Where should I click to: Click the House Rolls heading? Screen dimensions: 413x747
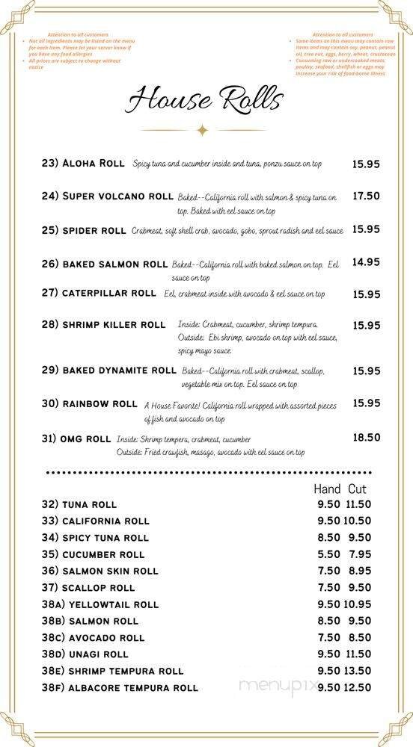(204, 99)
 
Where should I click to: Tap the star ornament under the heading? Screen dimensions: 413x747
(201, 130)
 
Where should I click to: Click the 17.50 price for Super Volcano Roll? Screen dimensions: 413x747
(366, 196)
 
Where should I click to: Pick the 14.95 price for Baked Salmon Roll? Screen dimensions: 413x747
(366, 261)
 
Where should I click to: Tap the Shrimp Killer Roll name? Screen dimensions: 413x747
(103, 325)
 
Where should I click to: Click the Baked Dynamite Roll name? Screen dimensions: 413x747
(108, 371)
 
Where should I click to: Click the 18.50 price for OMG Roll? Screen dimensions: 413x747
(366, 438)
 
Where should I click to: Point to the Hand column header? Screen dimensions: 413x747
(327, 489)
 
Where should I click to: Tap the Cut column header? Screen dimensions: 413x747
(357, 489)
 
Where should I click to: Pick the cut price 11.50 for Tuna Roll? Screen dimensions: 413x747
(358, 504)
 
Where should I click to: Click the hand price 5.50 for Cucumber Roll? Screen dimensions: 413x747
(328, 554)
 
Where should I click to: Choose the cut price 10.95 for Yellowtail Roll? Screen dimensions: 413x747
(358, 604)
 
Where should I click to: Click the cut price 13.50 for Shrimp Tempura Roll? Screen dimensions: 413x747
(358, 671)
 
